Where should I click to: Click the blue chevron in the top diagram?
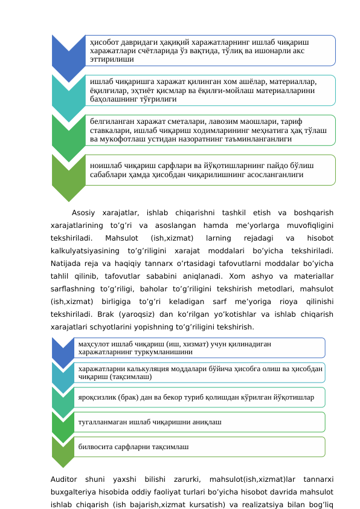(x=68, y=54)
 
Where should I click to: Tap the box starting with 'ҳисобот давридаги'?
(x=209, y=50)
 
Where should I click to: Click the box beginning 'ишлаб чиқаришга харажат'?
(x=209, y=89)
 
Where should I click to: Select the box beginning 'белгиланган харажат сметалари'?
(x=209, y=130)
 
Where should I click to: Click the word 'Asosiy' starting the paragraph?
(x=84, y=212)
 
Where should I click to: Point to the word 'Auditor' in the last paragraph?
(x=65, y=479)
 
